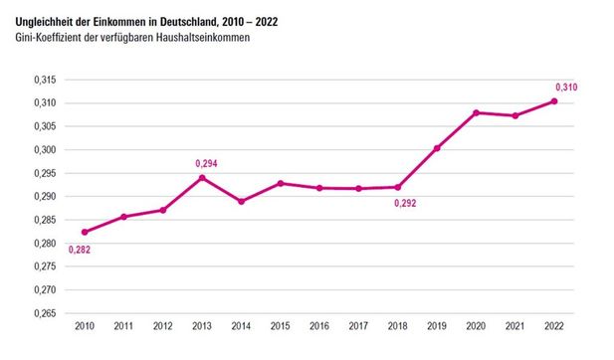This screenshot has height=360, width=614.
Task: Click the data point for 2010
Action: click(x=85, y=232)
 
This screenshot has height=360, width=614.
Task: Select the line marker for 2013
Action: click(x=202, y=178)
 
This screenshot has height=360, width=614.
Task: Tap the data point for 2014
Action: click(x=241, y=201)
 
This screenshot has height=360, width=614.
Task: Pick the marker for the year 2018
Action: click(x=398, y=187)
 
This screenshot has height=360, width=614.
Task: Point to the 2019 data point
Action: click(x=437, y=148)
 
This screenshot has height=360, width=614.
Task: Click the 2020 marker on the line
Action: click(x=476, y=112)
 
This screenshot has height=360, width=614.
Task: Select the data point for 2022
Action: click(x=554, y=101)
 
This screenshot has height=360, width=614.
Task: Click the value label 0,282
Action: click(x=81, y=249)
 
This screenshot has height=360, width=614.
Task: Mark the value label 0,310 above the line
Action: click(x=565, y=88)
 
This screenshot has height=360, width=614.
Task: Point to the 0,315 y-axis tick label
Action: click(x=46, y=80)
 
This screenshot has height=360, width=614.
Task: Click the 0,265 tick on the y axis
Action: click(x=46, y=313)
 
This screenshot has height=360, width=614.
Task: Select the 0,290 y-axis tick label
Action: click(x=46, y=196)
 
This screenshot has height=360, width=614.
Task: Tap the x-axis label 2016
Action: click(x=319, y=326)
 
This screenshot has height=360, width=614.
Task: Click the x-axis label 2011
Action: click(x=123, y=326)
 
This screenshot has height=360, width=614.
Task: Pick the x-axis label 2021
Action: click(x=515, y=326)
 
